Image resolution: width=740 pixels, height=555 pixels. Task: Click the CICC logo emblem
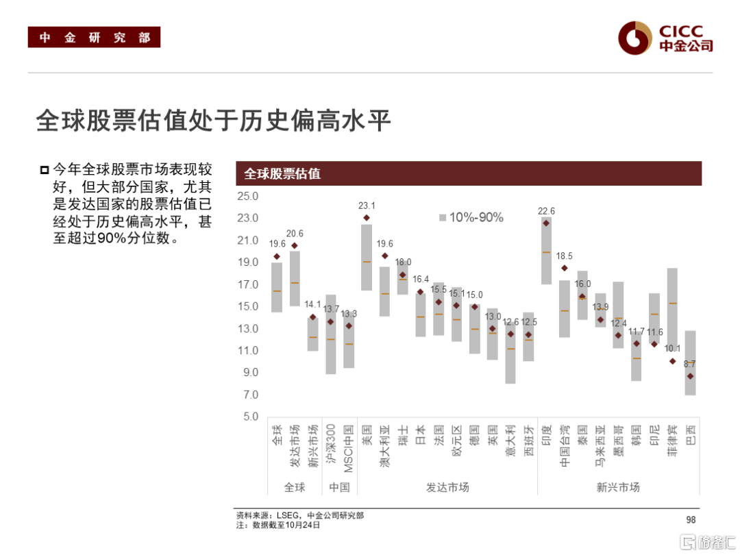634,37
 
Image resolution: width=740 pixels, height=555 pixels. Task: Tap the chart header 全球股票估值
282,173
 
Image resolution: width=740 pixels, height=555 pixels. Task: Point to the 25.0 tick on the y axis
247,197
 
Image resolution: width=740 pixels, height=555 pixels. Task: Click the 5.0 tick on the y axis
247,417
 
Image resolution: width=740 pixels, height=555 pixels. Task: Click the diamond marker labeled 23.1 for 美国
367,218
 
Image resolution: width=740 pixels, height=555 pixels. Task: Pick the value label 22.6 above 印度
546,211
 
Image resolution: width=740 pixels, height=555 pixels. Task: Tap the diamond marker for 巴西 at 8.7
690,376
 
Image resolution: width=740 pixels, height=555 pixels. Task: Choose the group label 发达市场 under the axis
447,487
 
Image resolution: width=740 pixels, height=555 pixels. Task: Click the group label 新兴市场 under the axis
618,487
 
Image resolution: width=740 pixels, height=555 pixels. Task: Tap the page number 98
690,520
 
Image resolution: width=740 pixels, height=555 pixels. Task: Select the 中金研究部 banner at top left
94,38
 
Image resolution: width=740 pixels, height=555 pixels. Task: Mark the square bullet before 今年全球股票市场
45,169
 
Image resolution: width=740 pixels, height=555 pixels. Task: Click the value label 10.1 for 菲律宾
672,348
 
